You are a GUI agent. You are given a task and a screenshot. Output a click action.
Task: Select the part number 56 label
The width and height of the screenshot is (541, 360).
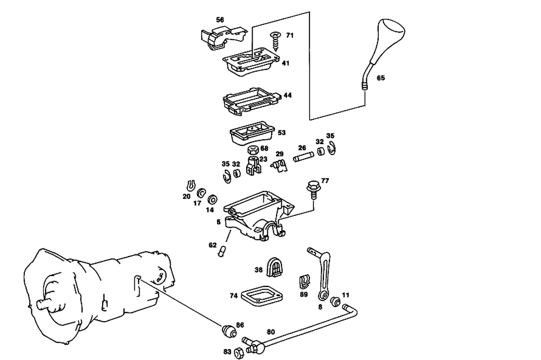pos(220,19)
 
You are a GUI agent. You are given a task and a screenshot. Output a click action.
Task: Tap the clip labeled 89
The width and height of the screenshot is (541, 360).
pos(305,282)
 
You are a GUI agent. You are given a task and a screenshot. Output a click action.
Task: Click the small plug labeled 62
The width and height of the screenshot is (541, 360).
pos(221,251)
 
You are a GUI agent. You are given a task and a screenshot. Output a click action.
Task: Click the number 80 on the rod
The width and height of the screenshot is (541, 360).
pos(271,332)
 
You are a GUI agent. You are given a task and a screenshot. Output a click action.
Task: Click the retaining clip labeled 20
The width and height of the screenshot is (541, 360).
pos(190,185)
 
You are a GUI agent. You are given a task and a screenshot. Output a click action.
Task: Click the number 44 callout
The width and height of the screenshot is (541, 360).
pos(287,95)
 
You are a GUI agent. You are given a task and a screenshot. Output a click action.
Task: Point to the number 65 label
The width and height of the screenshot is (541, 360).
pos(381,78)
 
